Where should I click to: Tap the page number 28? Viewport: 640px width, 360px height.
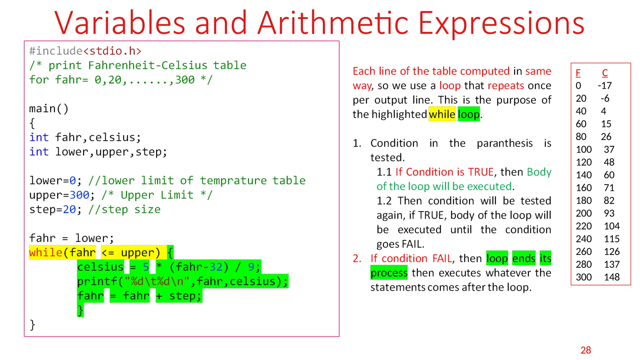586,350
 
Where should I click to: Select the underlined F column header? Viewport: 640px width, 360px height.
578,73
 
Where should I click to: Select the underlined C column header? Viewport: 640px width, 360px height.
605,73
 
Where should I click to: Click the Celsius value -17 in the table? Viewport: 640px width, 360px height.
605,86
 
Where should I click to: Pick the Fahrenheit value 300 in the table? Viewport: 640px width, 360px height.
584,277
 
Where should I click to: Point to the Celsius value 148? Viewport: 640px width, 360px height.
612,277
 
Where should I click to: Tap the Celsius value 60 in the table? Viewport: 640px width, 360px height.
609,175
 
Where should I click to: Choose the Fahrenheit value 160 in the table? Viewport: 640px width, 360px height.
584,188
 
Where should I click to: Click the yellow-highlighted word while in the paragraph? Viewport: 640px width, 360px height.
442,114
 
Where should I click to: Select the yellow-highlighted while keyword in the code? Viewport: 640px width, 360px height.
46,252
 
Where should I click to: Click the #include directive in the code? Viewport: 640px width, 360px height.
56,51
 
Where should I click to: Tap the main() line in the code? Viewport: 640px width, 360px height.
48,109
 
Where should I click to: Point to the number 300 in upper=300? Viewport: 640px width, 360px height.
79,195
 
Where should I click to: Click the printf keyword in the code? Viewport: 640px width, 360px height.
97,281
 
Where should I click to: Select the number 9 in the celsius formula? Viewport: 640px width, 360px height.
251,267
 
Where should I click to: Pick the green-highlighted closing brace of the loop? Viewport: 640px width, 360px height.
80,310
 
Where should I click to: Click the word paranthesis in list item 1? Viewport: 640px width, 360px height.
504,143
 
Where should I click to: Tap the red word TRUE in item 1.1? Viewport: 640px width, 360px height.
481,172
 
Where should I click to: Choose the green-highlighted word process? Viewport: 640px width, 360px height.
389,273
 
